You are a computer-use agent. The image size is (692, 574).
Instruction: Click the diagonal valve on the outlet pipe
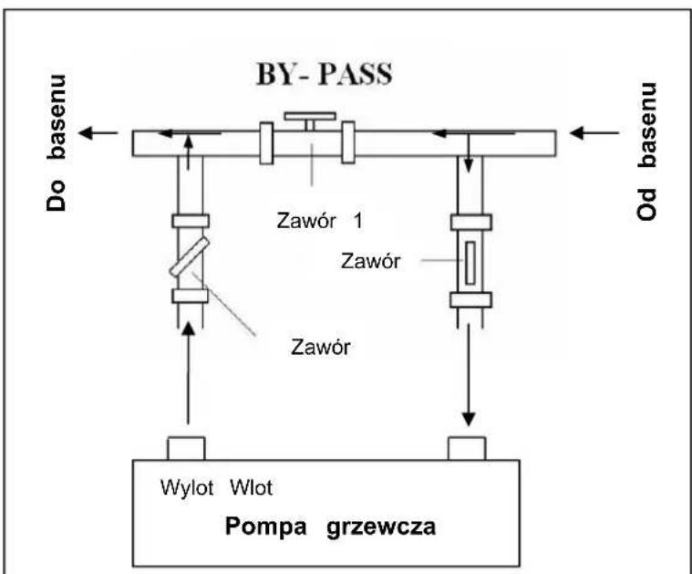(189, 259)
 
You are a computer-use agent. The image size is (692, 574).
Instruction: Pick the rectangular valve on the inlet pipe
(470, 261)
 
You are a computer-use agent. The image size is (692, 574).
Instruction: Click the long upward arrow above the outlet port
(189, 374)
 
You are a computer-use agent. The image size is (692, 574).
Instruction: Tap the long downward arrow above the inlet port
(470, 374)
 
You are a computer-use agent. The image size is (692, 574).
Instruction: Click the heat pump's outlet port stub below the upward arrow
(186, 448)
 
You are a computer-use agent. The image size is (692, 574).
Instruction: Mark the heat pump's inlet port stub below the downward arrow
(470, 448)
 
